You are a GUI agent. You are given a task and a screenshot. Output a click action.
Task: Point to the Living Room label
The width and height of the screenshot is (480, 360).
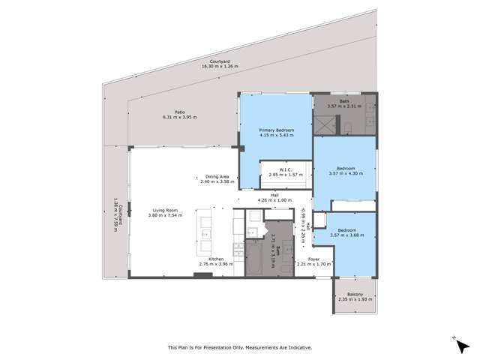coord(163,211)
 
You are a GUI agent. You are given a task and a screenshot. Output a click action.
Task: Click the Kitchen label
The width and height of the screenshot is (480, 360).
coord(216,259)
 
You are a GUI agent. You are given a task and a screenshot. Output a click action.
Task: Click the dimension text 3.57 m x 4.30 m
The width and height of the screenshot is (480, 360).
coord(346,173)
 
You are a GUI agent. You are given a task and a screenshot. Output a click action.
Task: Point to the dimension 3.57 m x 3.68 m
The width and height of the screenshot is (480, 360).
coord(346,235)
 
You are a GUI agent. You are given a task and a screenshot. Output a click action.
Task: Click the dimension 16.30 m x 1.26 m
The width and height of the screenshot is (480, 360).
coord(220,67)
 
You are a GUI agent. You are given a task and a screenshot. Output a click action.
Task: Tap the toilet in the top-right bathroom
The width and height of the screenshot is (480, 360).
coord(349,132)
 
